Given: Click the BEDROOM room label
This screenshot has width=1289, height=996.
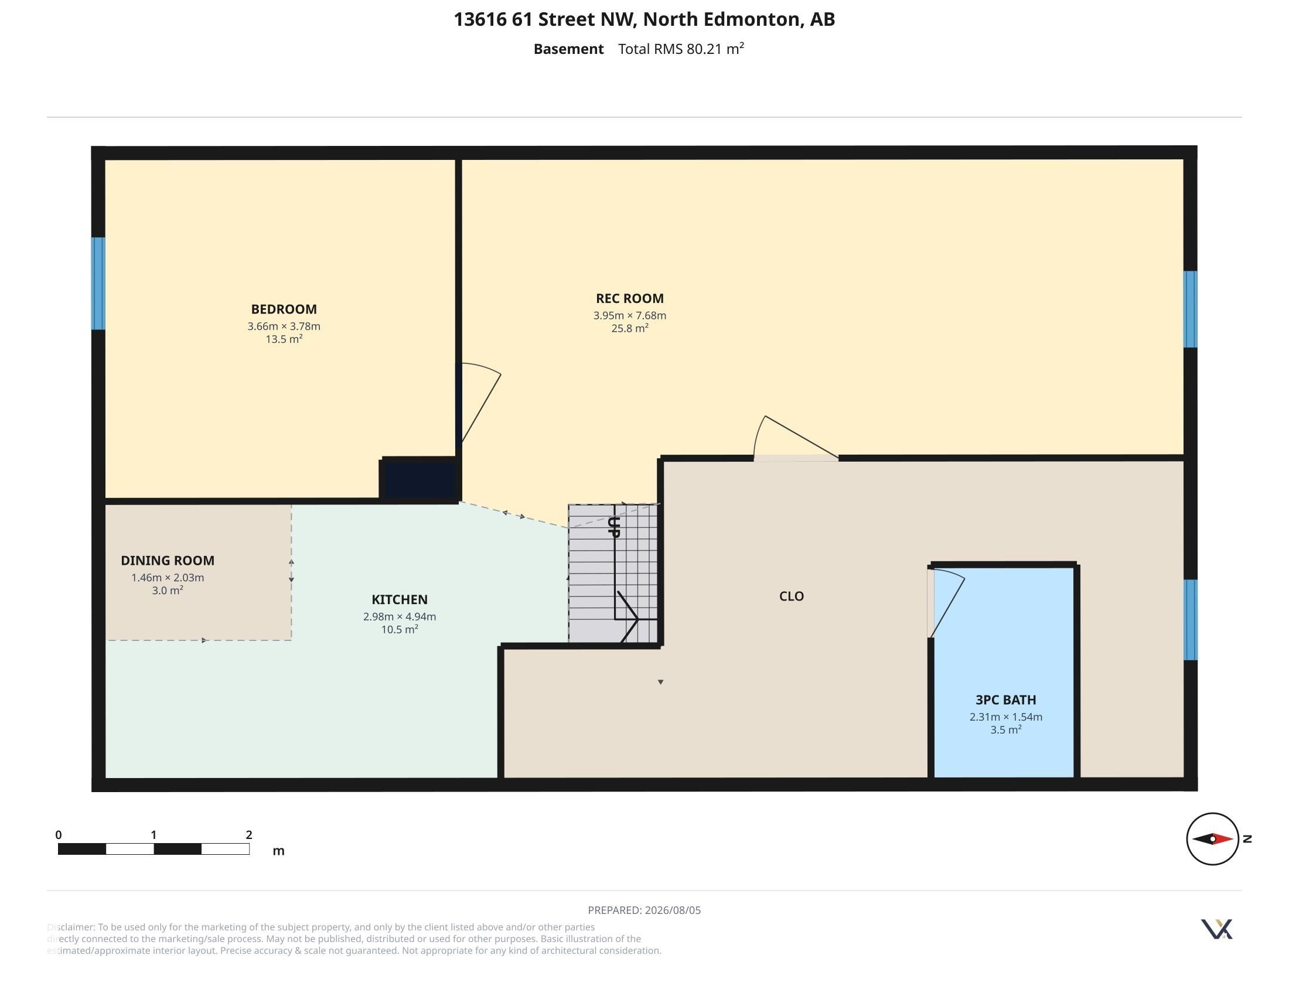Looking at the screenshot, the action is [x=284, y=309].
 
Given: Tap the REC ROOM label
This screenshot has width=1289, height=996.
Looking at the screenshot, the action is [x=630, y=299].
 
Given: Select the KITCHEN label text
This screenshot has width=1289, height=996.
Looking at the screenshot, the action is [x=400, y=599].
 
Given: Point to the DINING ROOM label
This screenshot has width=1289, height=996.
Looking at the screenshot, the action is [x=168, y=561].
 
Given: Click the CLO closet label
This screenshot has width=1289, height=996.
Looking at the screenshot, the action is [x=792, y=596].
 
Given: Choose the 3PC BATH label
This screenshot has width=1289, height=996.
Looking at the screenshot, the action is [x=1005, y=700].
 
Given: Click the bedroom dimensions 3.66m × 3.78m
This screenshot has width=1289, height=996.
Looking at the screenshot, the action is [x=284, y=326].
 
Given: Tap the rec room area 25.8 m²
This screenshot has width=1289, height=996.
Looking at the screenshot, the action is [x=630, y=328].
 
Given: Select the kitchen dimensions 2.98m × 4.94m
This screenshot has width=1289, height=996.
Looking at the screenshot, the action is [x=400, y=616].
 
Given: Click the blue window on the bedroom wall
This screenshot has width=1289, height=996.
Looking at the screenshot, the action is [x=98, y=283].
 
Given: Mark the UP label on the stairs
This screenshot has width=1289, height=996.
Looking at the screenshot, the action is [x=614, y=527].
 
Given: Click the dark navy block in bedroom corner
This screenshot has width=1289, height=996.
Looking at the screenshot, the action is [x=420, y=479].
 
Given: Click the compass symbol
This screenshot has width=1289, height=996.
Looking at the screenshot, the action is [x=1212, y=838].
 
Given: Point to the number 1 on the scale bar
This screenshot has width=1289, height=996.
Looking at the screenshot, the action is [x=154, y=835].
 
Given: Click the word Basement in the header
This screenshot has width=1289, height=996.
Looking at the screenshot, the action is [x=568, y=49].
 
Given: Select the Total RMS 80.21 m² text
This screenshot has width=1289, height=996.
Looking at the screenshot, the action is [x=681, y=49].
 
